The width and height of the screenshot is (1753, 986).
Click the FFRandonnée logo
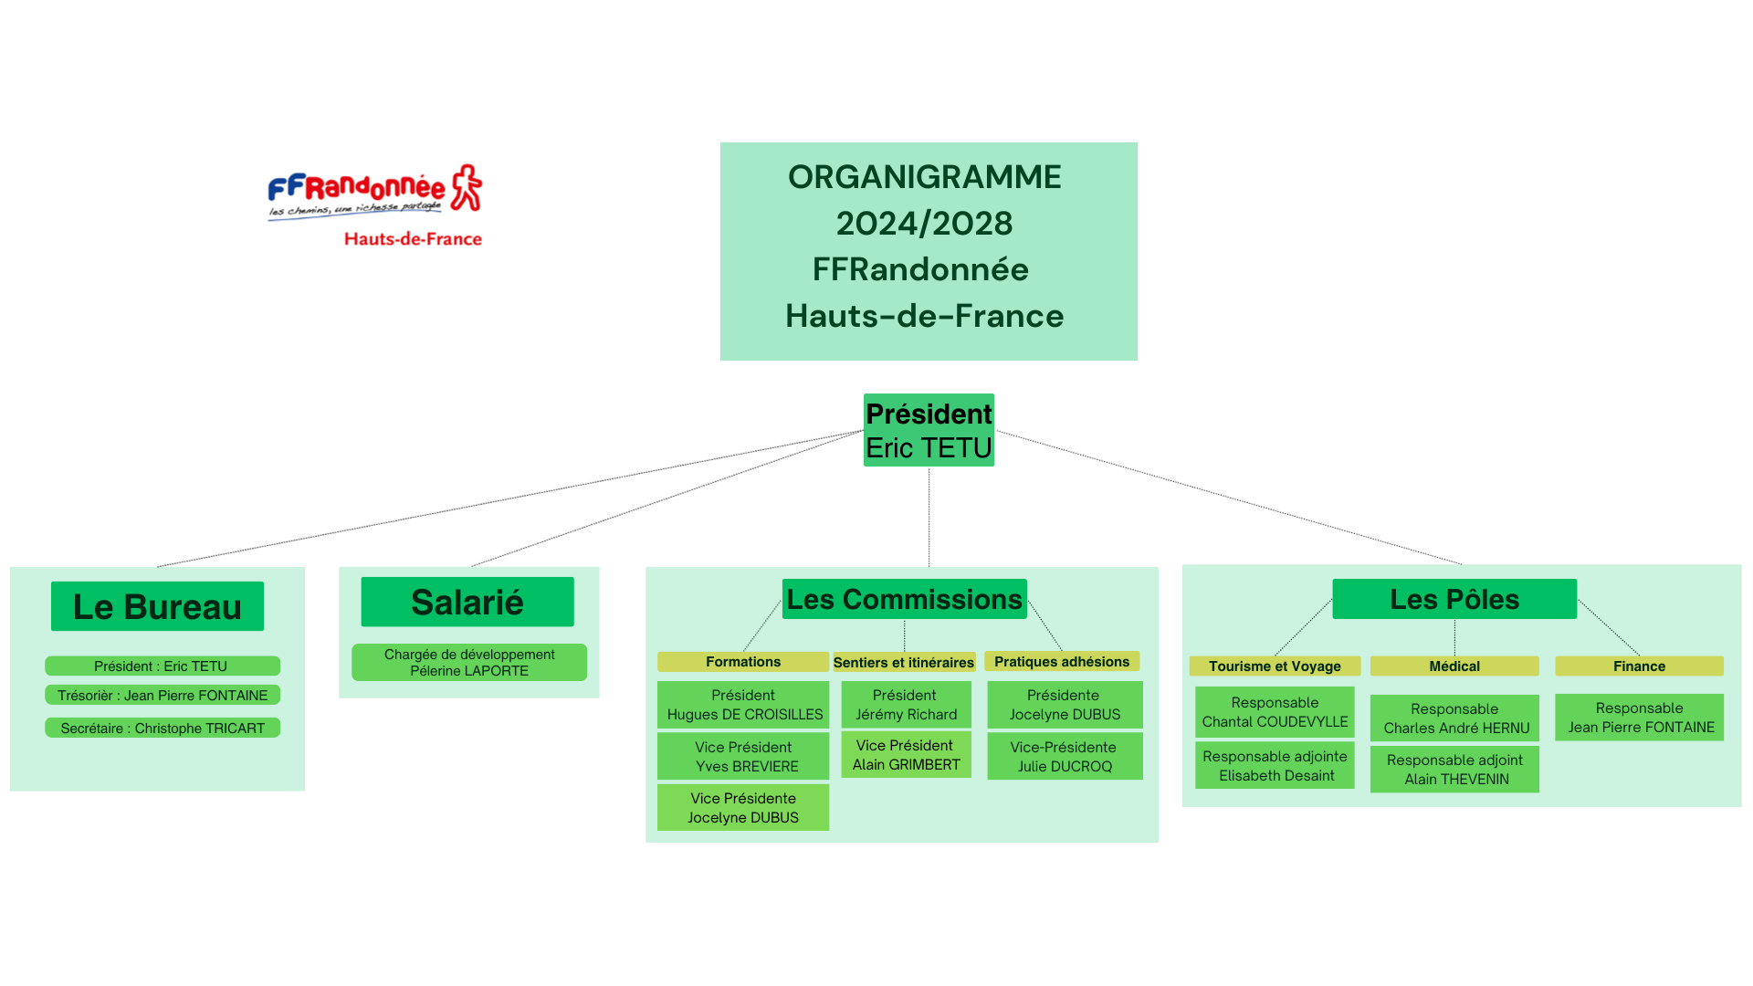tap(374, 205)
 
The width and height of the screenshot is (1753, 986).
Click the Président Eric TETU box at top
tap(929, 430)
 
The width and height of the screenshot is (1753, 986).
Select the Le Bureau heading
tap(157, 606)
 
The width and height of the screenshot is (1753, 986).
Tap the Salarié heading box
tap(467, 602)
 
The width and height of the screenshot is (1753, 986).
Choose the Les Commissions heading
tap(904, 599)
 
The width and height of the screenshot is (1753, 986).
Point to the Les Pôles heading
tap(1454, 599)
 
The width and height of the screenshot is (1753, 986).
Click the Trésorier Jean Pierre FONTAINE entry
tap(163, 695)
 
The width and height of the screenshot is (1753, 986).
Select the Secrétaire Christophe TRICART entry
tap(163, 728)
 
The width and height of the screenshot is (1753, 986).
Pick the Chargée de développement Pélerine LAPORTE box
tap(469, 662)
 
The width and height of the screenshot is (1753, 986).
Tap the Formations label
tap(743, 662)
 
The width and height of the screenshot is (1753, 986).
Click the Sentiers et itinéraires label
tap(904, 662)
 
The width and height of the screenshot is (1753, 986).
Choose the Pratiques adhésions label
tap(1062, 661)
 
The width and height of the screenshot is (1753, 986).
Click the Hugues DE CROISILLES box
tap(743, 705)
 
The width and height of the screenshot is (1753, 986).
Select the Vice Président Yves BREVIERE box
tap(743, 756)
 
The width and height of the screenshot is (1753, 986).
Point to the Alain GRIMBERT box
tap(906, 755)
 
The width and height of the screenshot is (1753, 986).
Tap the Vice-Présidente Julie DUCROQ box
tap(1065, 756)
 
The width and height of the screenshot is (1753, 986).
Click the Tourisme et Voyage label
tap(1275, 666)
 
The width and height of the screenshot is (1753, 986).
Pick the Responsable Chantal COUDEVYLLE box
tap(1275, 712)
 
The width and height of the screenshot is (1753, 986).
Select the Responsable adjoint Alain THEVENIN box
tap(1454, 769)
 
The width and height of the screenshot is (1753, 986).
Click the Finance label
tap(1639, 666)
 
